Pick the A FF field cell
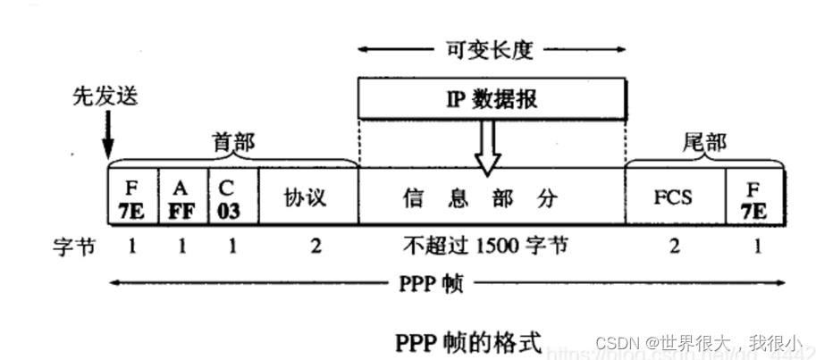pos(182,197)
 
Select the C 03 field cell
pos(232,197)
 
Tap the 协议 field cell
pos(307,197)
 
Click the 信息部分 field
pos(491,197)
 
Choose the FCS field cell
pos(673,197)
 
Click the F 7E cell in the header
pos(132,197)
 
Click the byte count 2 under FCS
pos(673,246)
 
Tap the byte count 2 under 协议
pos(315,246)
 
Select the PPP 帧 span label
pos(439,285)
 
